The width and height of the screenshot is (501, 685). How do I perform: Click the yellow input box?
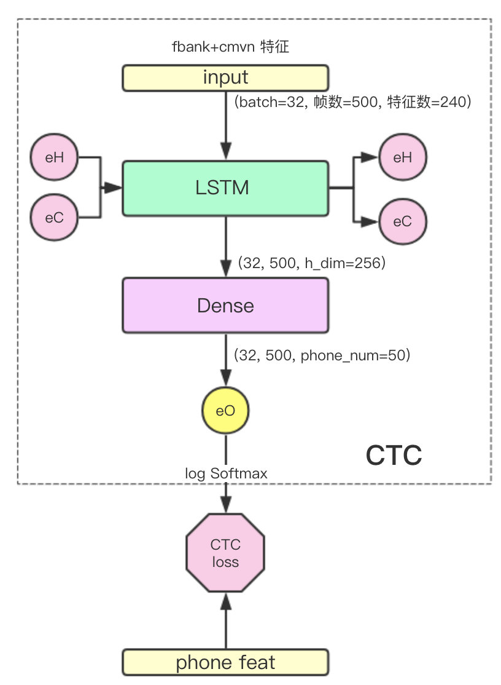coord(225,78)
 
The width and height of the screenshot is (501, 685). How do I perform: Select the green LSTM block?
coord(225,188)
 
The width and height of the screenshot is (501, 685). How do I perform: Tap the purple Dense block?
coord(225,306)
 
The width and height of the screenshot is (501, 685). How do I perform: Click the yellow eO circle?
coord(226,411)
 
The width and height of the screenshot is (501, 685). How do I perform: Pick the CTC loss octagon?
coord(225,553)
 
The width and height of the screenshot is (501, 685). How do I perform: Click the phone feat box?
coord(225,663)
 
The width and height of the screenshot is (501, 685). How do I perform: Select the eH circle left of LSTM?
coord(55,158)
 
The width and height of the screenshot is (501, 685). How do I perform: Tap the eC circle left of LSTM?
coord(55,217)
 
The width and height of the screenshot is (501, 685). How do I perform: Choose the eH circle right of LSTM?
coord(403,158)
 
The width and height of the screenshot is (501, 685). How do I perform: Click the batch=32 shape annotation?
coord(352,102)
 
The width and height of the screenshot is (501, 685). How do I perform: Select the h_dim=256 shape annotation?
coord(311,264)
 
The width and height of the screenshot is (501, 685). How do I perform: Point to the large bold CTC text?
coord(394,456)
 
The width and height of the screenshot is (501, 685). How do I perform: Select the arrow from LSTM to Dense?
coord(226,246)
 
